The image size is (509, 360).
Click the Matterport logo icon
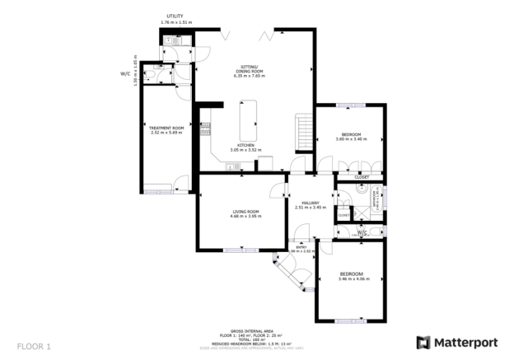423,342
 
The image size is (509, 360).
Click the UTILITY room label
175,16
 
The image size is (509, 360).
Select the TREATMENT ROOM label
166,129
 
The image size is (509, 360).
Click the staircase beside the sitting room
305,132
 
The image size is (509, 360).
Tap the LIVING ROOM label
245,212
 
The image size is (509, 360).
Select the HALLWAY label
310,203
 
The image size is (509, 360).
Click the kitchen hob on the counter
207,129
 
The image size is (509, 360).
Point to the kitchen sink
231,168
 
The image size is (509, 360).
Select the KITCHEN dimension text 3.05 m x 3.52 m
245,150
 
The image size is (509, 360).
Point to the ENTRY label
301,245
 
